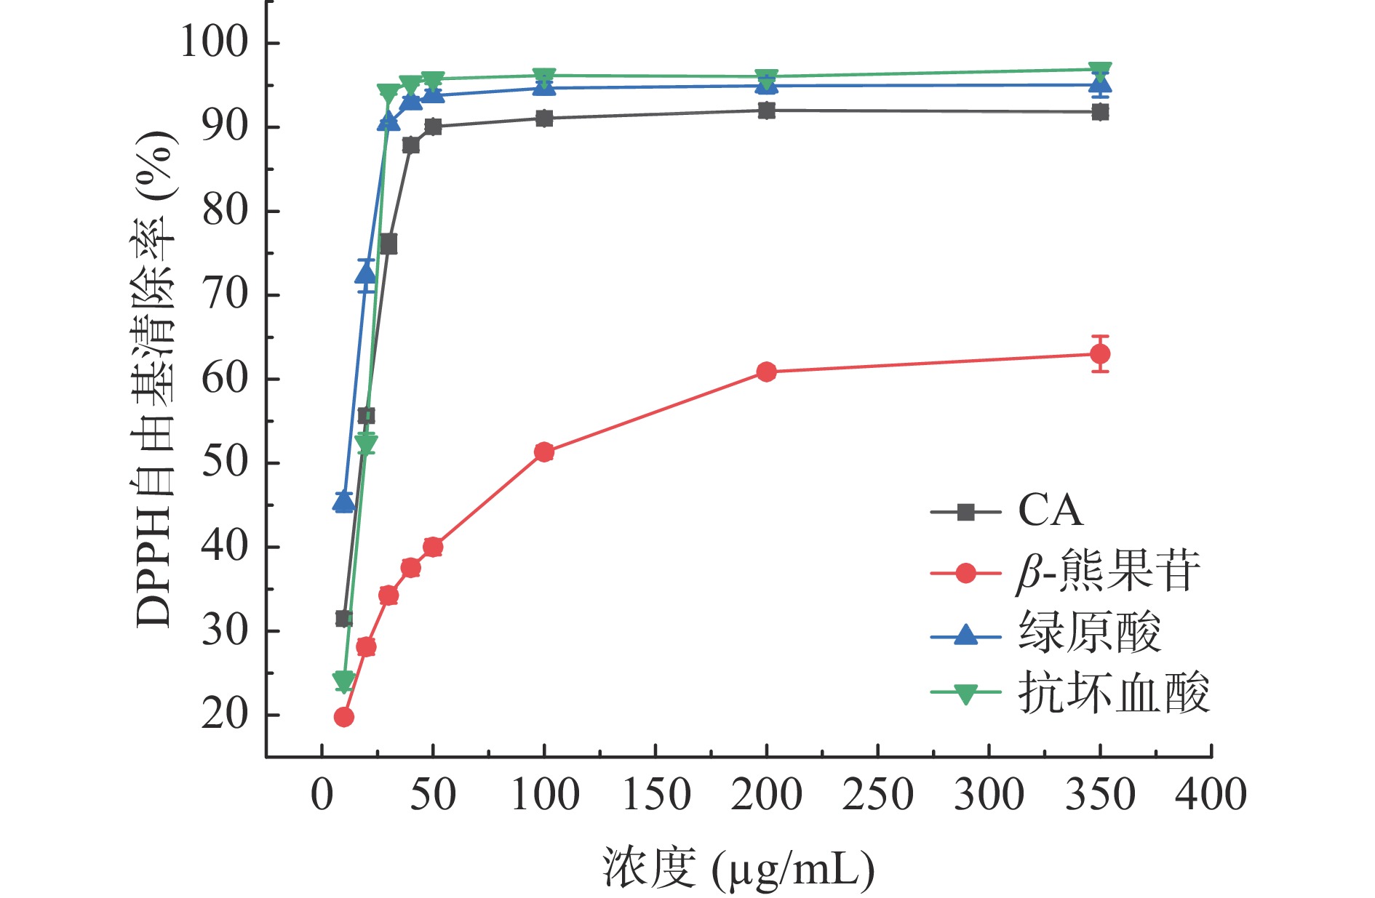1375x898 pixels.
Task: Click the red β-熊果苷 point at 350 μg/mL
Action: [x=1100, y=354]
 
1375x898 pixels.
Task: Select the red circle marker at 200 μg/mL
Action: [x=766, y=372]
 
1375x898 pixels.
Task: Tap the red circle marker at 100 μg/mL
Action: [x=544, y=452]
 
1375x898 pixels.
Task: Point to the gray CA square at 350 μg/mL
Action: [x=1100, y=112]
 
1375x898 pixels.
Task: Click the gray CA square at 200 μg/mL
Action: [x=766, y=111]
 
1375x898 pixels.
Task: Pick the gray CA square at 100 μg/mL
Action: [x=544, y=119]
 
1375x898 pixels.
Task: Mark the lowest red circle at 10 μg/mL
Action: [x=344, y=717]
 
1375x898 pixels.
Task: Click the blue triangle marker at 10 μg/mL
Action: [x=344, y=501]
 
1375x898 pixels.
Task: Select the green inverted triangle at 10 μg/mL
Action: [x=344, y=681]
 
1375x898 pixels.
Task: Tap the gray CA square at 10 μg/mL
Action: [x=344, y=619]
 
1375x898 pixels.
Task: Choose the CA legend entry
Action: [x=1050, y=511]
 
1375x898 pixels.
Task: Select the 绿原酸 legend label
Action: [x=1089, y=633]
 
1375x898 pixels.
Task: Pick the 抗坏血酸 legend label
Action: [x=1113, y=693]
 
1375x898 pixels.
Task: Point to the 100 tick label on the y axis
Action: [x=215, y=42]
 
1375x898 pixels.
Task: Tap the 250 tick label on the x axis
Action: [x=877, y=795]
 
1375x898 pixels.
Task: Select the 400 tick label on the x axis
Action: [x=1211, y=795]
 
